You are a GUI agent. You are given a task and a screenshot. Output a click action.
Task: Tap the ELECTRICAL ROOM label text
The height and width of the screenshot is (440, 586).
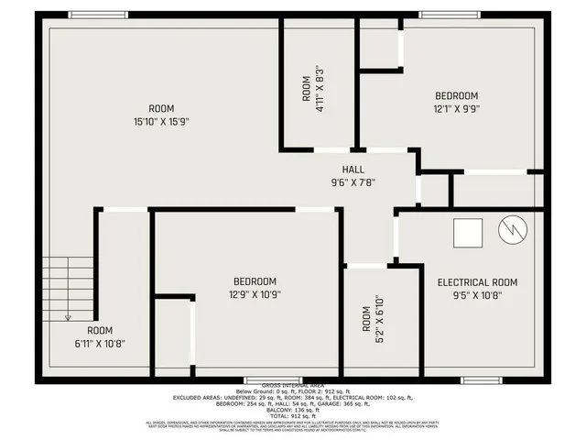pos(477,282)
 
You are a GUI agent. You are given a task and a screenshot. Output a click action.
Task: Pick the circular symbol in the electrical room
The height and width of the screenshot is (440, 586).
pos(510,231)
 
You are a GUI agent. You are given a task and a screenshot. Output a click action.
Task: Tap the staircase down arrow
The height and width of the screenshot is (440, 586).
pos(68,314)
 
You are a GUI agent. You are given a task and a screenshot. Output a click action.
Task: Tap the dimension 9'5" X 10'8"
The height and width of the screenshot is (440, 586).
pos(477,295)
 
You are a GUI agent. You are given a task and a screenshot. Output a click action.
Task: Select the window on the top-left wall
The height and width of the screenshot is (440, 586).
pos(98,14)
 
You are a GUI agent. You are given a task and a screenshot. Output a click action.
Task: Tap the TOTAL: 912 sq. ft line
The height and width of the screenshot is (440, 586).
pos(292,416)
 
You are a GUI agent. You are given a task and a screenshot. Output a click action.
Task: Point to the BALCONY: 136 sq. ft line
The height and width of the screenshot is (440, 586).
pos(292,410)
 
